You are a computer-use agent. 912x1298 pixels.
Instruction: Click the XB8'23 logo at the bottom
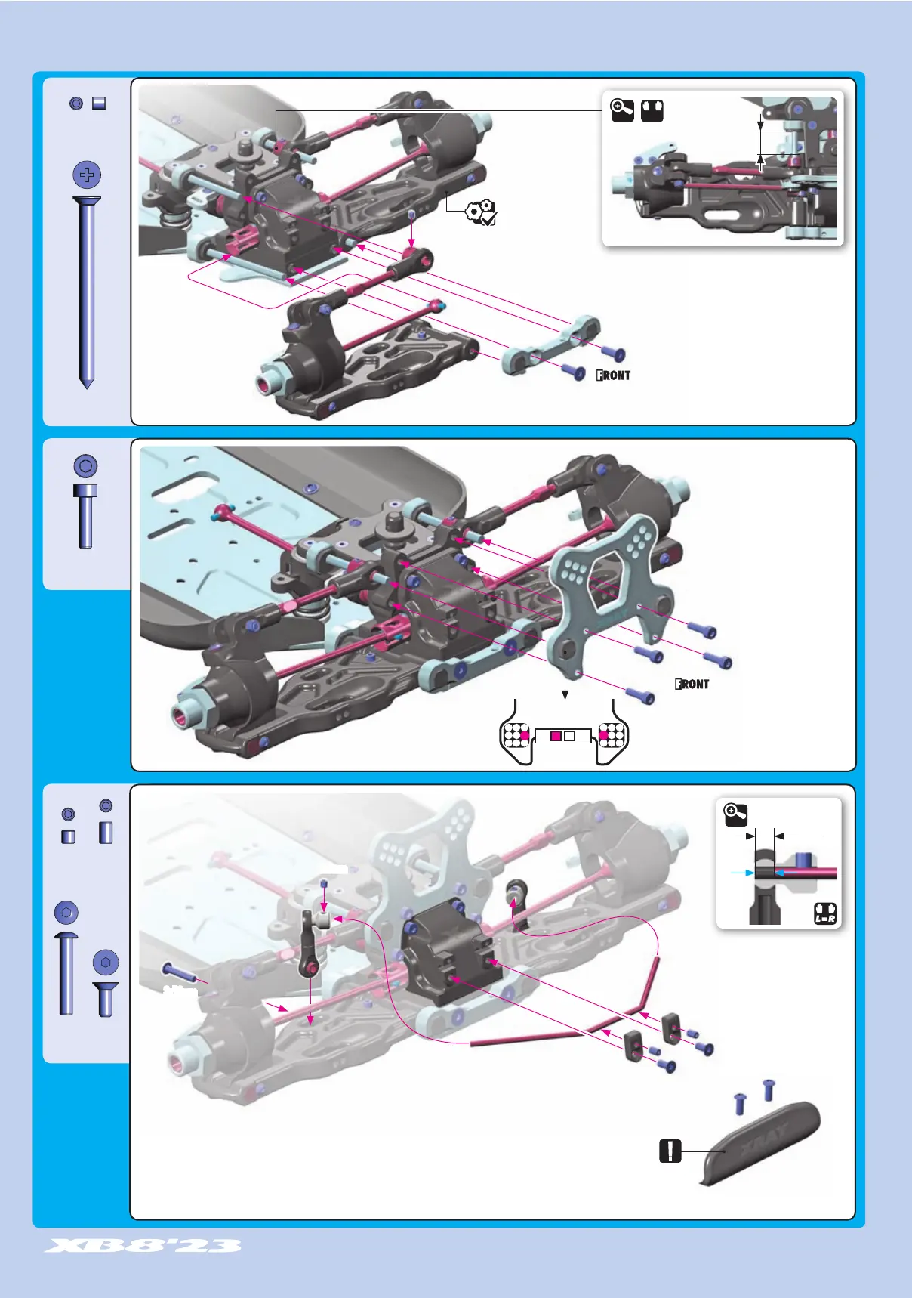tap(143, 1245)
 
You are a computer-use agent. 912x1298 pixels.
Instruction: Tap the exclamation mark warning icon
tap(670, 1151)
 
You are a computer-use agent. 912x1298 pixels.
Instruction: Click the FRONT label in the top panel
tap(613, 375)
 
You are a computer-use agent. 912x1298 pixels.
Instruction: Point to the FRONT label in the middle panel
tap(692, 684)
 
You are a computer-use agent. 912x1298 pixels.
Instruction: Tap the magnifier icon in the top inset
tap(622, 111)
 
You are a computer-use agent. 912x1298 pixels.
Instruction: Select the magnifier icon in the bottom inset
tap(735, 813)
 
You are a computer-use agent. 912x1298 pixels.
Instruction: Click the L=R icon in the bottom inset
tap(825, 913)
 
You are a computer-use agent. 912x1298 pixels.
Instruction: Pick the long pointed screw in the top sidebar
tap(87, 291)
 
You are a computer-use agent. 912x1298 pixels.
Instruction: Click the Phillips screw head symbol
tap(87, 175)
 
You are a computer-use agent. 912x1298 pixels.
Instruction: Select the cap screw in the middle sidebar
tap(85, 516)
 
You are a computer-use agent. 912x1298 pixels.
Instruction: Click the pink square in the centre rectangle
tap(556, 736)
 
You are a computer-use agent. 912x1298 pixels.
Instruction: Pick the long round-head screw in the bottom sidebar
tap(66, 973)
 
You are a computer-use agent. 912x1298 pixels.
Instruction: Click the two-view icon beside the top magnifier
tap(652, 111)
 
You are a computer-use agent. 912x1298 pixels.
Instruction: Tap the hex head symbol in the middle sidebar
tap(85, 465)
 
